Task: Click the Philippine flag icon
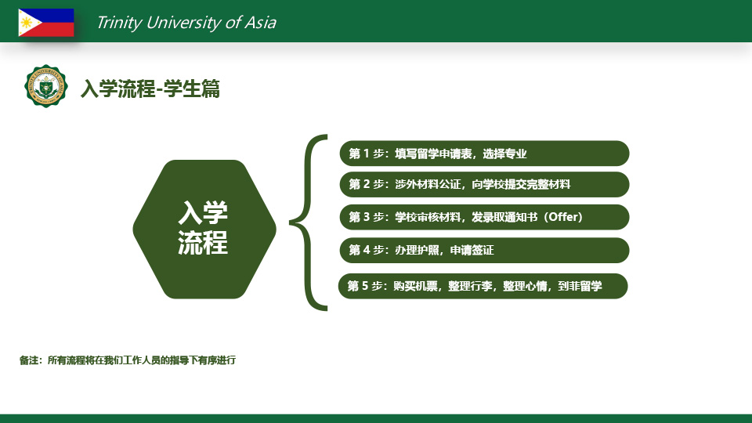click(46, 23)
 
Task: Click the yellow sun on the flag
click(26, 23)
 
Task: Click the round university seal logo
click(45, 86)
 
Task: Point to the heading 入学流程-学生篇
click(150, 89)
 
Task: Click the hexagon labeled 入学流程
click(204, 230)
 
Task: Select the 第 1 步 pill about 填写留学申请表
click(484, 154)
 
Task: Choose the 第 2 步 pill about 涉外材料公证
click(484, 185)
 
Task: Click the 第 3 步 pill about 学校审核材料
click(484, 217)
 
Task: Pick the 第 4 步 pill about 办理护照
click(484, 251)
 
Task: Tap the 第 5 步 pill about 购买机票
click(483, 287)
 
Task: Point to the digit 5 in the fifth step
click(365, 287)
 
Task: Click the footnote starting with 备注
click(128, 360)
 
